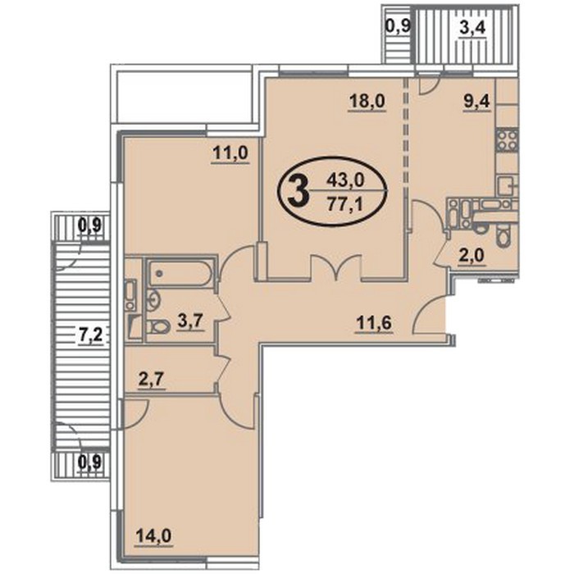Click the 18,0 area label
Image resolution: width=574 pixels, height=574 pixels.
[367, 101]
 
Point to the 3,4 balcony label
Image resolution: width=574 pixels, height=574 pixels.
[472, 27]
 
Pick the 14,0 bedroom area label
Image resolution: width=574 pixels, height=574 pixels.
[154, 536]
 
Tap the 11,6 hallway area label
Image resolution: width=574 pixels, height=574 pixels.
[375, 324]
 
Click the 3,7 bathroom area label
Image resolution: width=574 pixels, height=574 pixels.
[190, 323]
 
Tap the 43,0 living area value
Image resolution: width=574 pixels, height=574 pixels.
[345, 180]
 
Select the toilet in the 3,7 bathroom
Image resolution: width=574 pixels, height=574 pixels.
[158, 326]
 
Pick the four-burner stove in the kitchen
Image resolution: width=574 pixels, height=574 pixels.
[507, 140]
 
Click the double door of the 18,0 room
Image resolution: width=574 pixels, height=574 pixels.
[337, 266]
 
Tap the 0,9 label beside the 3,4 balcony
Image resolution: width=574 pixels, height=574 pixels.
[399, 26]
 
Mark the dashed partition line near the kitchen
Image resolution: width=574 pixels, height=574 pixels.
[405, 133]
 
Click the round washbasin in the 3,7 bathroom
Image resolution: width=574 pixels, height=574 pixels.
[154, 298]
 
